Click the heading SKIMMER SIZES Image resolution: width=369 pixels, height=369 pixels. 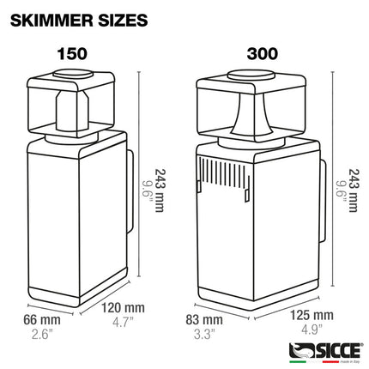pos(79,17)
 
